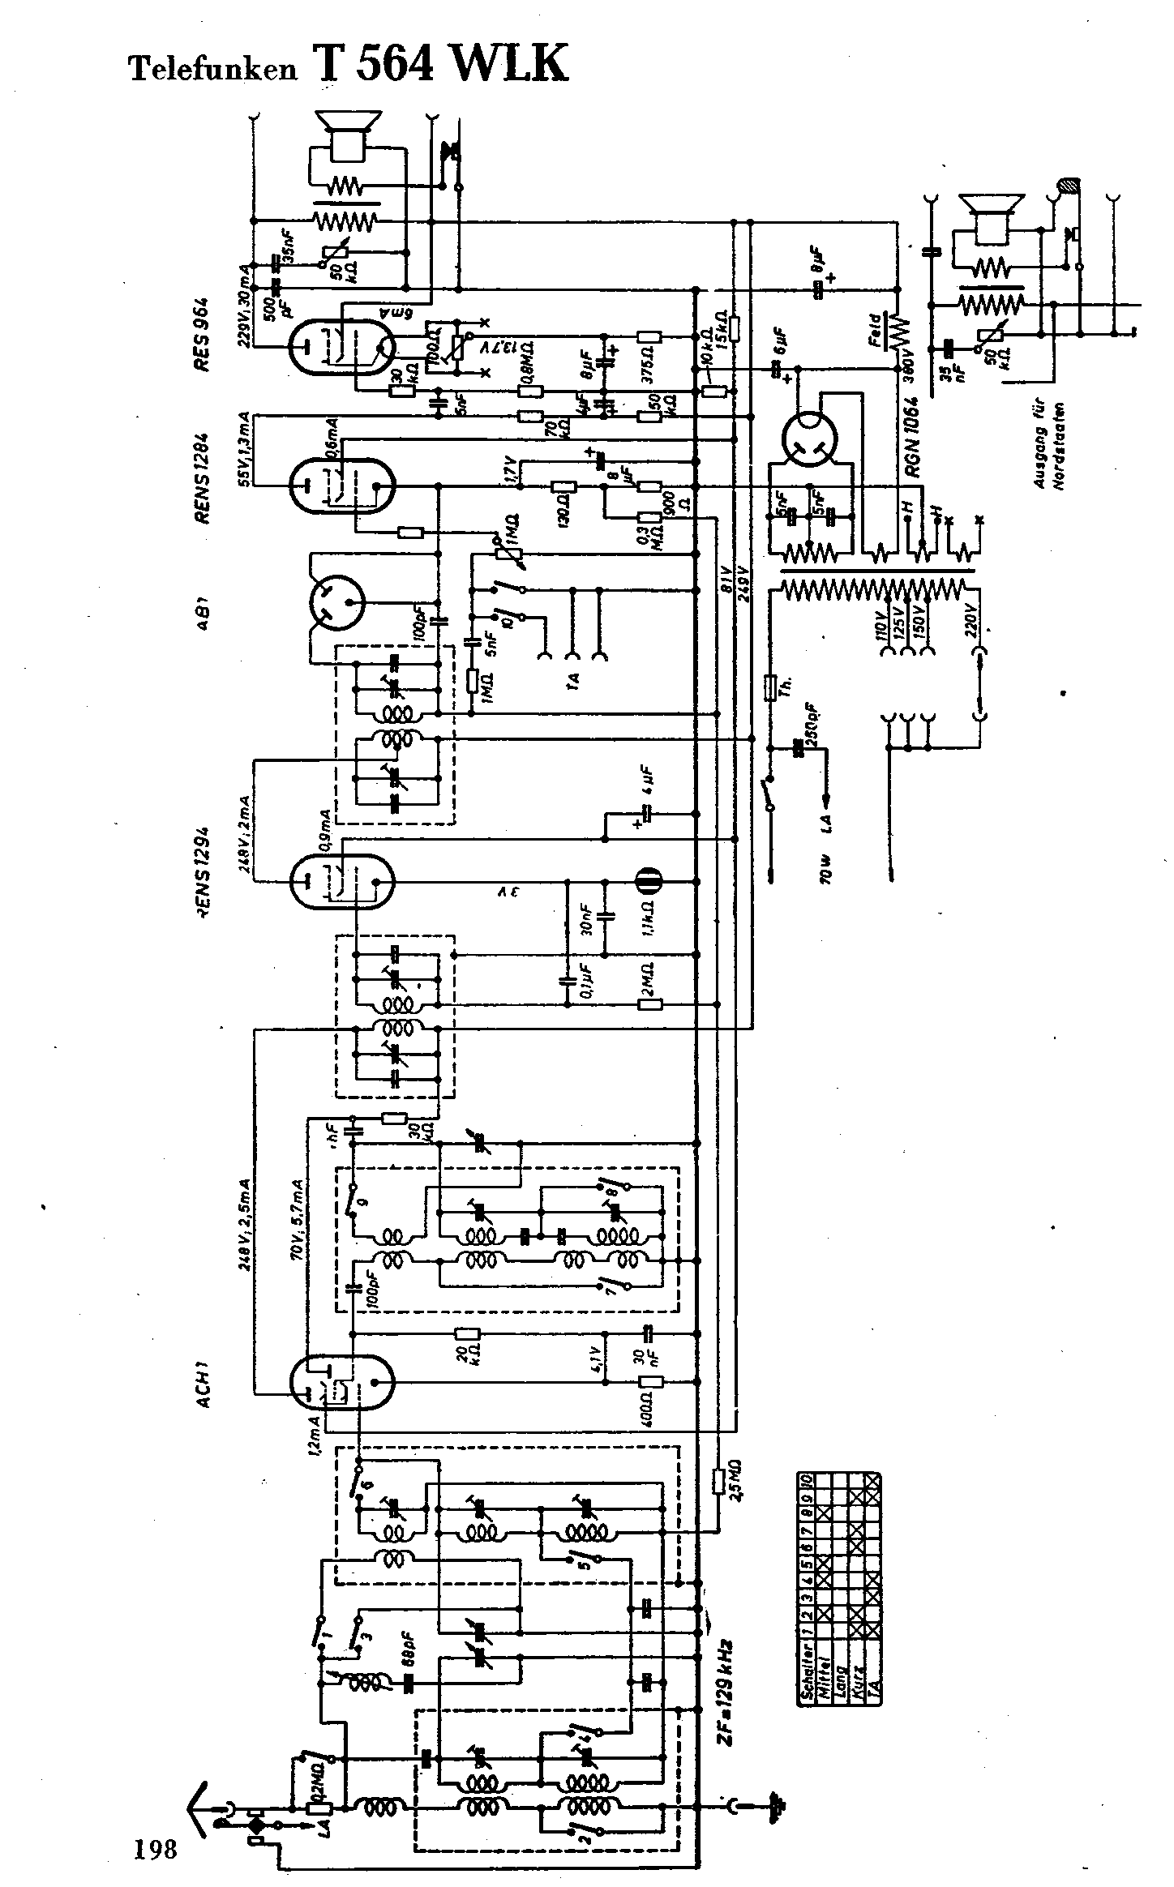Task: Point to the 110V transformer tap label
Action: [x=881, y=624]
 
